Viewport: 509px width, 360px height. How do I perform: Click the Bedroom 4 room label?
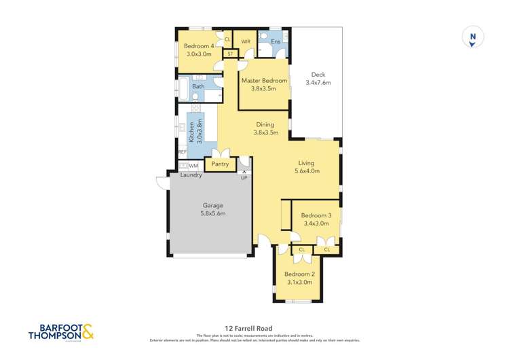(x=198, y=46)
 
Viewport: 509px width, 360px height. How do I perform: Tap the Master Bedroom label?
(x=264, y=80)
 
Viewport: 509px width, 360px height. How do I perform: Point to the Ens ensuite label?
(x=276, y=42)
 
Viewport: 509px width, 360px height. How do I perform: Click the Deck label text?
(x=318, y=75)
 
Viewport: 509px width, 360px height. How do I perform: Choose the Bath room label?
(x=198, y=86)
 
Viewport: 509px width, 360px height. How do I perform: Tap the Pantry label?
(x=219, y=164)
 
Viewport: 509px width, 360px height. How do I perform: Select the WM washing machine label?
(x=193, y=166)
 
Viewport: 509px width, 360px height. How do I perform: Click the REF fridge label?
(x=182, y=152)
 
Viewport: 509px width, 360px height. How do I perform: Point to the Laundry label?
(x=191, y=175)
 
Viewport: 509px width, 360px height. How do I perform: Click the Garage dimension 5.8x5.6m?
(x=213, y=213)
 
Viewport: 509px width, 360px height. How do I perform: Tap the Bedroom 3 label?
(x=316, y=215)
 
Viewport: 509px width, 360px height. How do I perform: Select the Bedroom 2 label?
(x=298, y=274)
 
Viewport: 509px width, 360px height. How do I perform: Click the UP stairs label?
(x=244, y=177)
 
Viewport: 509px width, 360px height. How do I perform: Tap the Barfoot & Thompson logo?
(x=61, y=331)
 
